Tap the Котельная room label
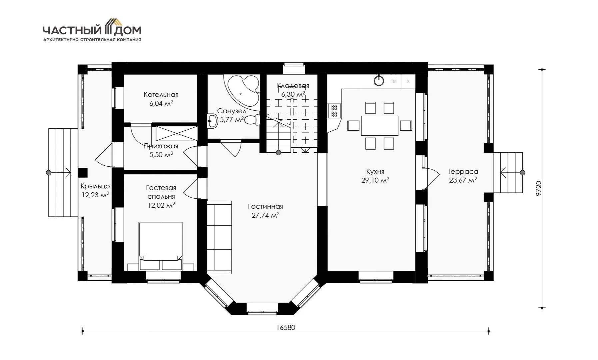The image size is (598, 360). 161,95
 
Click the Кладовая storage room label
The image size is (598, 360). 293,86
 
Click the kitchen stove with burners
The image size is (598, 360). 334,111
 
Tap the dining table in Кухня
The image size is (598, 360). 380,125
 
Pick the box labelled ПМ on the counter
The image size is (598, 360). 393,81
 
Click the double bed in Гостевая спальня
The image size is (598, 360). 161,246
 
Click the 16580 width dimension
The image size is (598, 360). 286,328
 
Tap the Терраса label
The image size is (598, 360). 463,172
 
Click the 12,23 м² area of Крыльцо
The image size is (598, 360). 95,195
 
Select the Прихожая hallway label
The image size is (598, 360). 161,146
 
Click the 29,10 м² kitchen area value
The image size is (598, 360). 375,180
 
